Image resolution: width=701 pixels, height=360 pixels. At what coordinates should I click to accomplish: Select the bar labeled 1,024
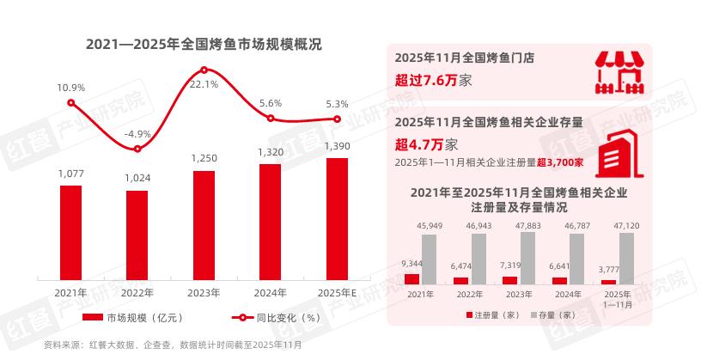coord(137,233)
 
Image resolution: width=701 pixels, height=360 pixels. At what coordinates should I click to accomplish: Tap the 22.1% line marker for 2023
coord(204,70)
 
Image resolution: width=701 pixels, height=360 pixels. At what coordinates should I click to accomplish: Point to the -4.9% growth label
coord(137,134)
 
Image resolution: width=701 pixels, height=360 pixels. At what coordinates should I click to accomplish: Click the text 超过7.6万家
coord(434,81)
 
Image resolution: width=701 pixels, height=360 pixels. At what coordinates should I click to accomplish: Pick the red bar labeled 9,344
coord(411,278)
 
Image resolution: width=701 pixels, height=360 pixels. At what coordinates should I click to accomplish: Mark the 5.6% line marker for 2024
coord(270,119)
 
